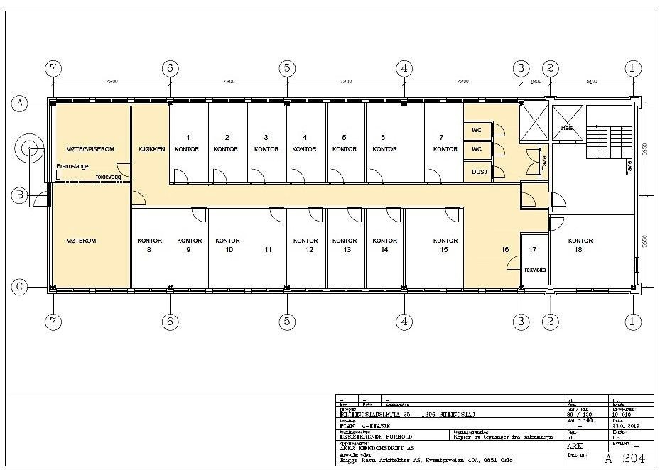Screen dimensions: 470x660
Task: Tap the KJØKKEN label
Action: pyautogui.click(x=152, y=149)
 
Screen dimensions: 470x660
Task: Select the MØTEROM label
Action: pyautogui.click(x=81, y=241)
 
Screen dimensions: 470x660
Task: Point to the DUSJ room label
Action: pyautogui.click(x=476, y=171)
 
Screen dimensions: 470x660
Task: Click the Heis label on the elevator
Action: pyautogui.click(x=566, y=129)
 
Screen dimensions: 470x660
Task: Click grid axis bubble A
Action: pyautogui.click(x=21, y=104)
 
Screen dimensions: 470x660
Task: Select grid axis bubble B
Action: pyautogui.click(x=21, y=195)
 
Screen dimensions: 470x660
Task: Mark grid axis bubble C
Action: pyautogui.click(x=21, y=287)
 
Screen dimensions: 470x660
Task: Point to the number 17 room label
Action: pyautogui.click(x=533, y=249)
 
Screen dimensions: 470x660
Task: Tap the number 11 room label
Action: pyautogui.click(x=268, y=250)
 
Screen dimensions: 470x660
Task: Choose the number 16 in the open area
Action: pyautogui.click(x=504, y=250)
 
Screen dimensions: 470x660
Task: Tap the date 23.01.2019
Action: pyautogui.click(x=626, y=425)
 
